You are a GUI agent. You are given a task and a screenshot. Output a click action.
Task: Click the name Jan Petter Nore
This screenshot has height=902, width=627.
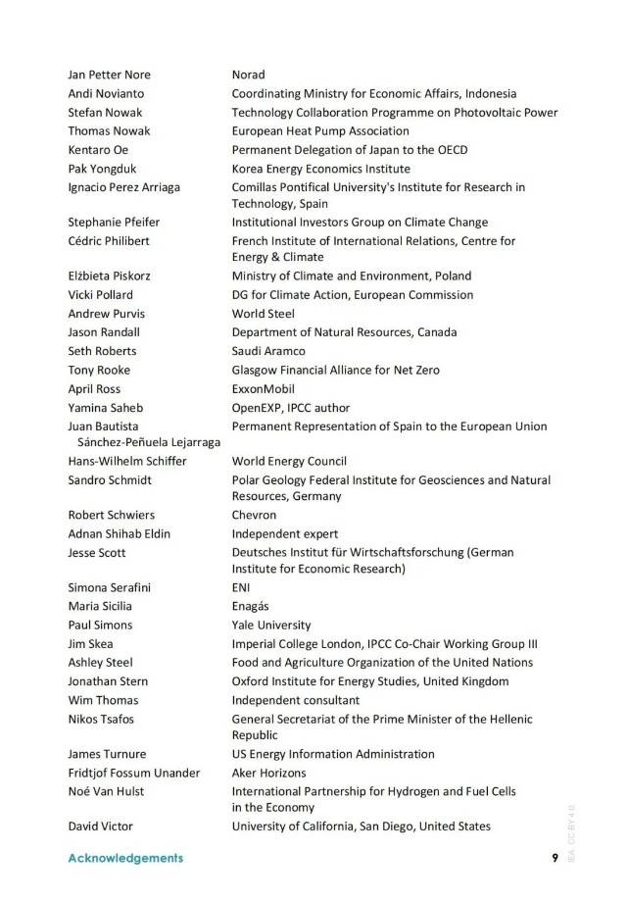pyautogui.click(x=110, y=75)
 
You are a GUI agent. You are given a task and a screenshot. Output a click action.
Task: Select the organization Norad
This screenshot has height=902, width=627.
pyautogui.click(x=248, y=75)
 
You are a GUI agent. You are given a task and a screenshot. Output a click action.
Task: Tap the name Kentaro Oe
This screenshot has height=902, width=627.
pyautogui.click(x=98, y=150)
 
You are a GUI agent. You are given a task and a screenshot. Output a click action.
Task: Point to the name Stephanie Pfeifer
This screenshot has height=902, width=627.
pyautogui.click(x=114, y=223)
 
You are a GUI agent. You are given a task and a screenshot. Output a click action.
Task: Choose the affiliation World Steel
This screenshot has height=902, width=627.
pyautogui.click(x=263, y=314)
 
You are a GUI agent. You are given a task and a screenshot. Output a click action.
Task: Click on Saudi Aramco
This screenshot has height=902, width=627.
pyautogui.click(x=268, y=351)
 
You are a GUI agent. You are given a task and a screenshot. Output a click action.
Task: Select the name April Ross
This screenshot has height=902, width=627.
pyautogui.click(x=93, y=388)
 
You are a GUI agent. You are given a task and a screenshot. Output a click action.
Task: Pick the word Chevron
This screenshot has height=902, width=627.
pyautogui.click(x=254, y=515)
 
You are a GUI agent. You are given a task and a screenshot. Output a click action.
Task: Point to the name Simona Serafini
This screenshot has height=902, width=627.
pyautogui.click(x=110, y=587)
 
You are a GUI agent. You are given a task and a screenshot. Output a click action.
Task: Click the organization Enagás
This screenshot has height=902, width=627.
pyautogui.click(x=252, y=606)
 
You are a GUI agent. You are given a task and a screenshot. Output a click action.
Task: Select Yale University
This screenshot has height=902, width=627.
pyautogui.click(x=271, y=625)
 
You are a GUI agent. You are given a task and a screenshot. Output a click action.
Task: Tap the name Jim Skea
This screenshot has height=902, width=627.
pyautogui.click(x=90, y=644)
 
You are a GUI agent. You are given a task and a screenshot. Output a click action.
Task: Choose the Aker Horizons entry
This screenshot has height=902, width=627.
pyautogui.click(x=268, y=774)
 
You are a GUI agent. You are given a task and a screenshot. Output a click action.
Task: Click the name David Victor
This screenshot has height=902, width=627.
pyautogui.click(x=100, y=827)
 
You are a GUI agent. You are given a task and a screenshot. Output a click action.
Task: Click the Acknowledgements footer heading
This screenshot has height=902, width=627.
pyautogui.click(x=125, y=858)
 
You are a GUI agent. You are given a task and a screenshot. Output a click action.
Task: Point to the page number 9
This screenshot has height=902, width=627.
pyautogui.click(x=555, y=858)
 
